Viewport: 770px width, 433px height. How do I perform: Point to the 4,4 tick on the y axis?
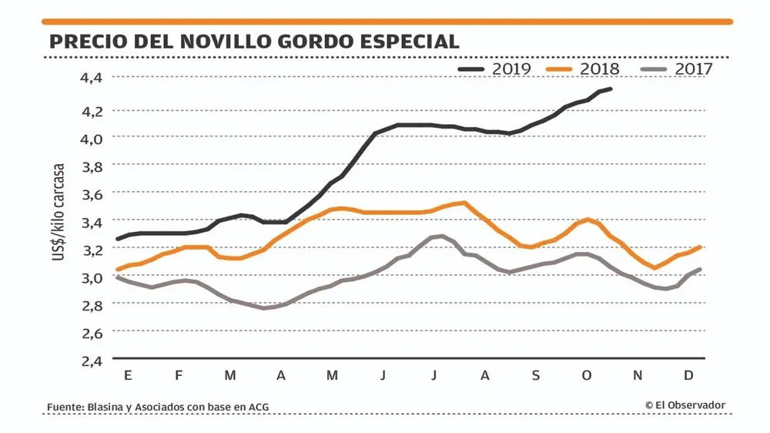tap(92, 77)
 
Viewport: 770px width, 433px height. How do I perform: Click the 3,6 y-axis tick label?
tap(92, 194)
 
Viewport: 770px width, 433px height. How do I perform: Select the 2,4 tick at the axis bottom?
tap(92, 360)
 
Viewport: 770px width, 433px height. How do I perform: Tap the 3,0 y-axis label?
tap(92, 277)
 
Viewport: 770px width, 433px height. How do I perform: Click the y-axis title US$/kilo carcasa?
tap(59, 212)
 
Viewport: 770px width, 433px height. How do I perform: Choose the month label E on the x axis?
tap(127, 375)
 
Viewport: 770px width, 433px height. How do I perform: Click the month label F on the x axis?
tap(179, 375)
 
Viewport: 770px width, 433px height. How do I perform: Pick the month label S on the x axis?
tap(536, 375)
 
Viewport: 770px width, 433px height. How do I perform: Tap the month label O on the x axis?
tap(587, 375)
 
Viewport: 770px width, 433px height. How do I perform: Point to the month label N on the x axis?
tap(638, 375)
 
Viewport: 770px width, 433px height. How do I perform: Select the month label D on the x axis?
tap(689, 375)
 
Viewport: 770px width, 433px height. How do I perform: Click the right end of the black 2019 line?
tap(611, 89)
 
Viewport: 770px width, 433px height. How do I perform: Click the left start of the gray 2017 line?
tap(118, 277)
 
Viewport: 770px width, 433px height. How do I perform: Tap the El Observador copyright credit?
tap(685, 405)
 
